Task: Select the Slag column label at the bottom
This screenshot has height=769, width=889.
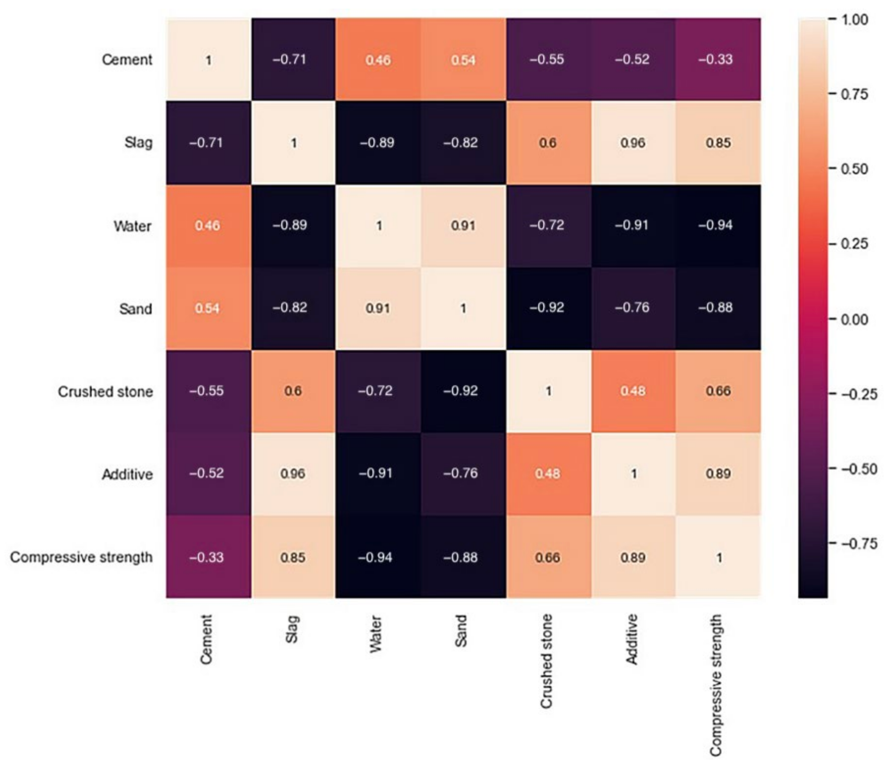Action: click(x=292, y=629)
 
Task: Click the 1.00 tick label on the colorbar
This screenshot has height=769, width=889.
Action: click(x=855, y=20)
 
